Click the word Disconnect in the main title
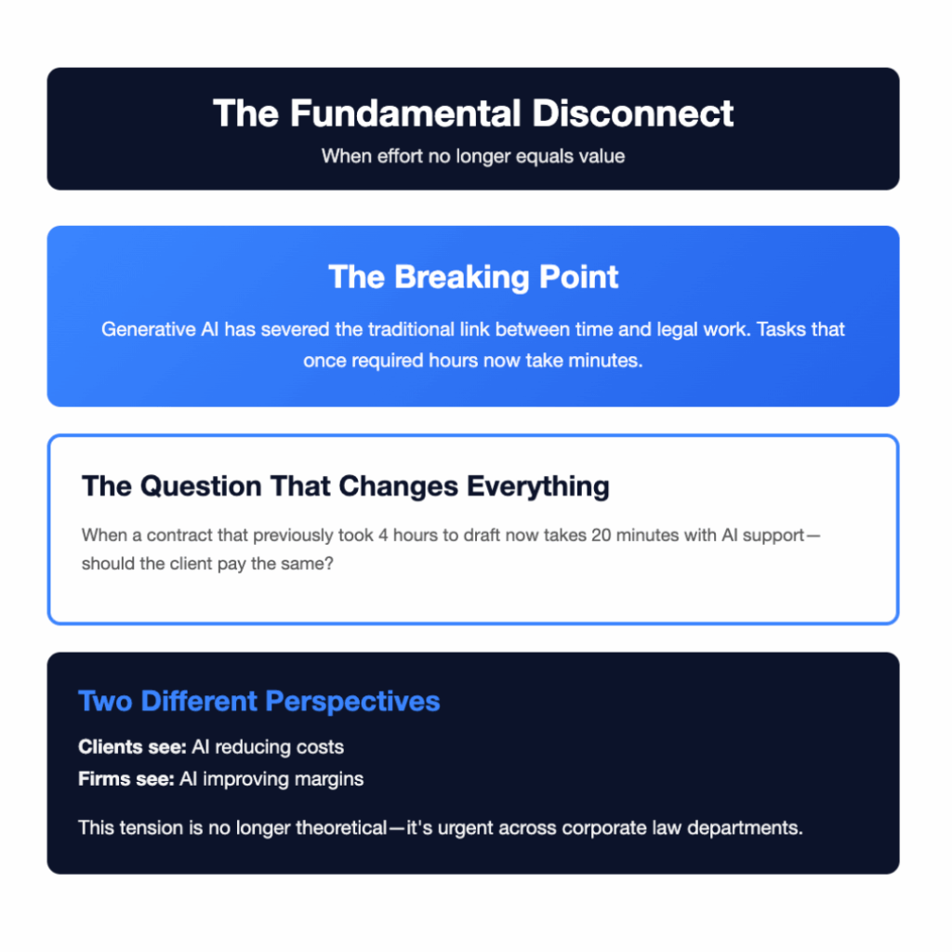[x=632, y=113]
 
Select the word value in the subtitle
[x=602, y=156]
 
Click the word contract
[x=172, y=535]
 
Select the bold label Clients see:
[x=132, y=747]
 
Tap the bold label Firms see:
[x=126, y=779]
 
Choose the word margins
[x=330, y=779]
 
